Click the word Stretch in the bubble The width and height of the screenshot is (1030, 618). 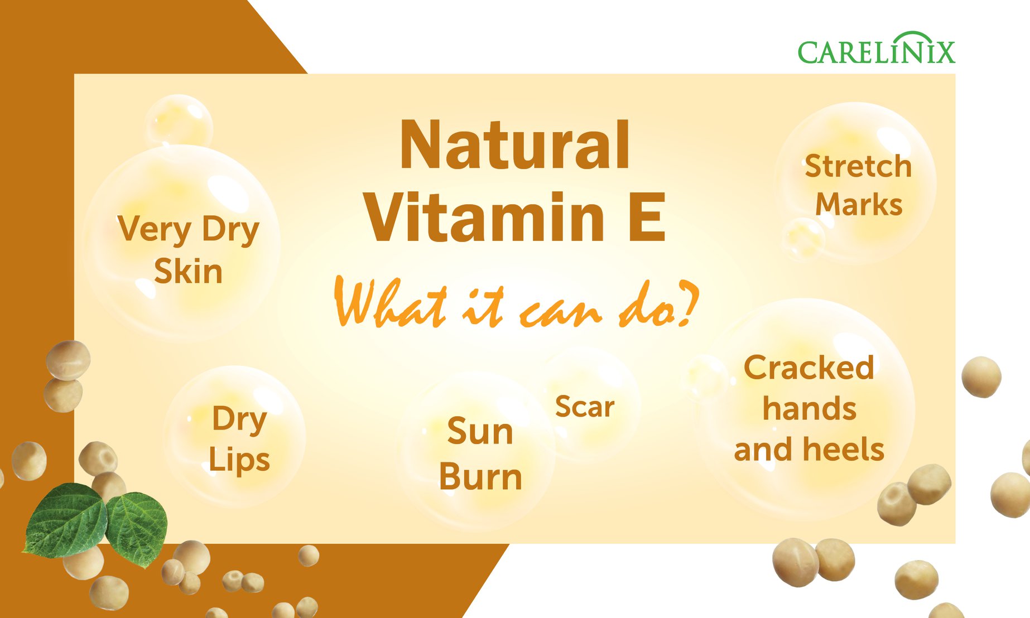pos(858,166)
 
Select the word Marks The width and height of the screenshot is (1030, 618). pos(859,204)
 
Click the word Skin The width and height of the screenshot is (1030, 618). pos(188,272)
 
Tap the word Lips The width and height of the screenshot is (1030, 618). pos(239,461)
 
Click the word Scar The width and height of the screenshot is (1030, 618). pos(585,407)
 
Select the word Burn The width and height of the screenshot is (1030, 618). pos(480,477)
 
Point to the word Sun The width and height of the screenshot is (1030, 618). pos(480,432)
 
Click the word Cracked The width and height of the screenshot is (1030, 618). pos(809,368)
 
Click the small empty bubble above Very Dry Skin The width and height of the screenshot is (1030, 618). pos(179,121)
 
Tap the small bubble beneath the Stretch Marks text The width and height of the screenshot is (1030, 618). pos(803,239)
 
